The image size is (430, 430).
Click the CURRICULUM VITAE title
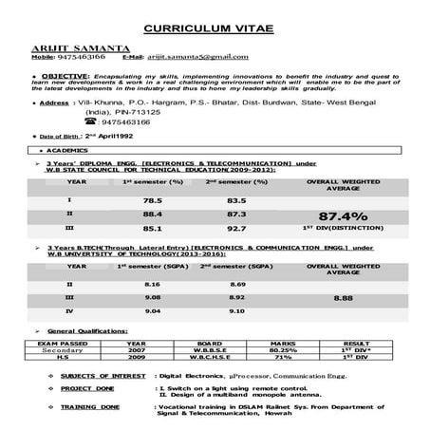[x=215, y=28]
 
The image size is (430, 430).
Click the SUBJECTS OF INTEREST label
[x=103, y=377]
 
